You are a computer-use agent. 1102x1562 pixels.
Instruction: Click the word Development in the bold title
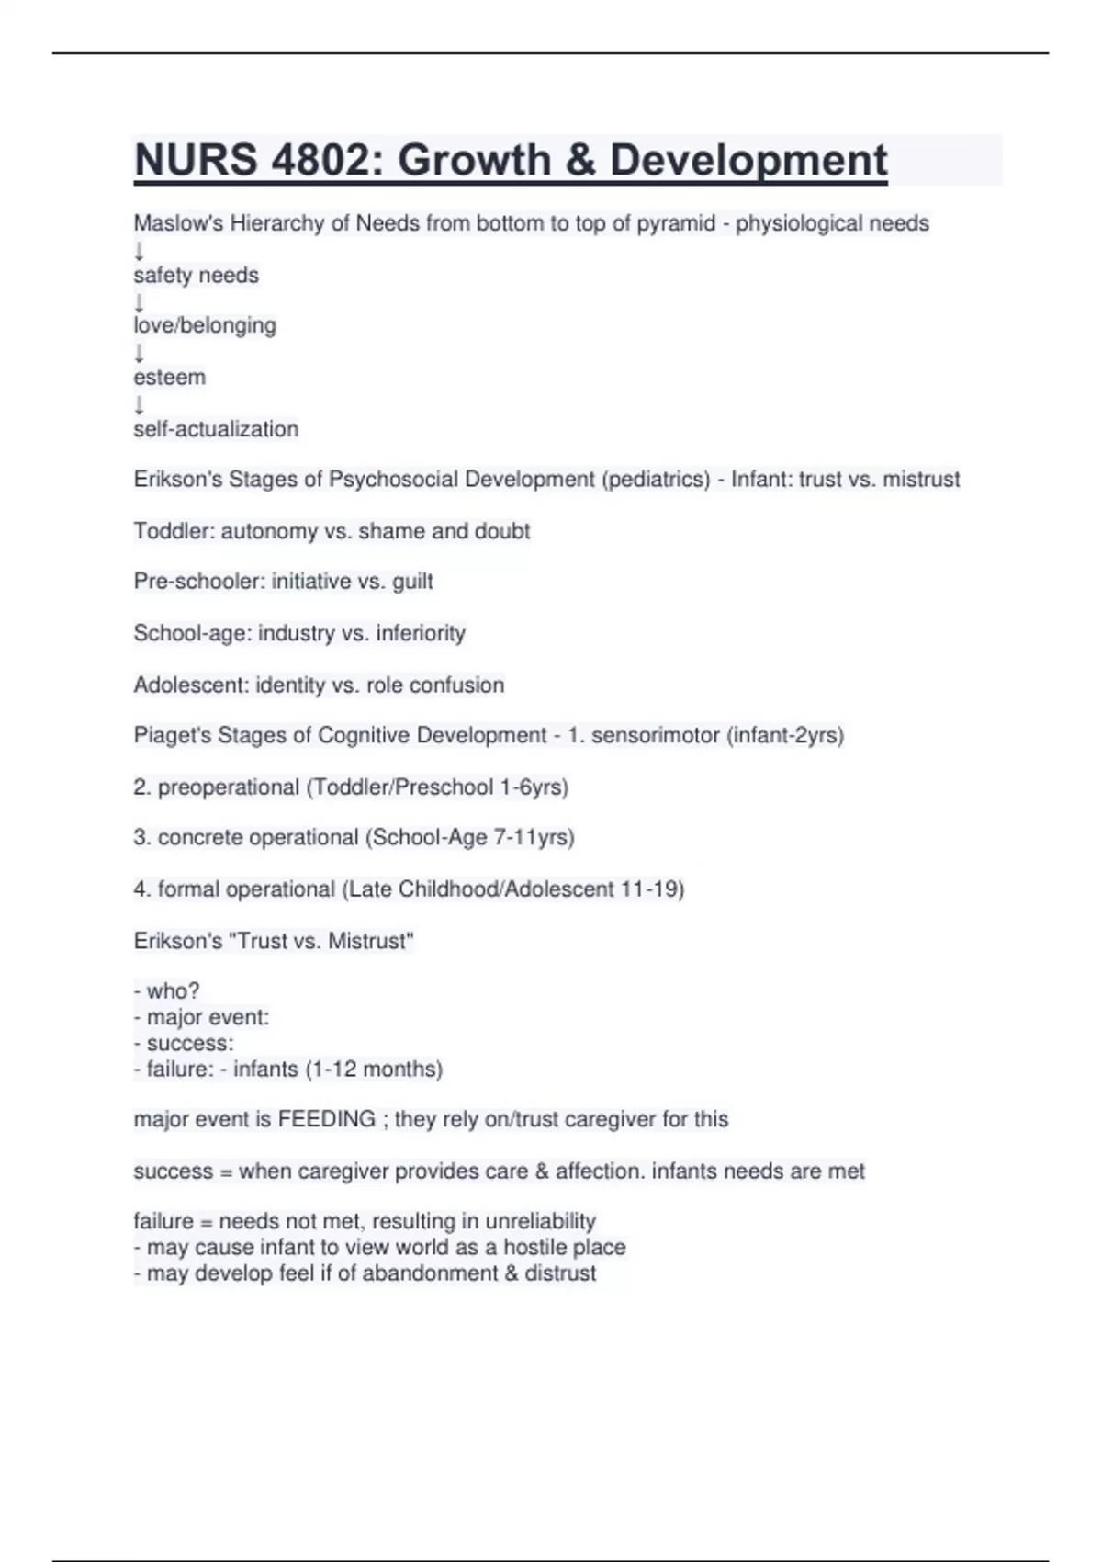748,160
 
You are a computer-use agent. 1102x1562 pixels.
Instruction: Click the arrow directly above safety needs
140,250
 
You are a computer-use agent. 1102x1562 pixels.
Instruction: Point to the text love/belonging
205,325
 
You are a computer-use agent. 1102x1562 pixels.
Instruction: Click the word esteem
170,377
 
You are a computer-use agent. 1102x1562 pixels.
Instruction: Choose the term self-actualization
216,429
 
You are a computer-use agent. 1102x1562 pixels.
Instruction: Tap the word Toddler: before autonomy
174,531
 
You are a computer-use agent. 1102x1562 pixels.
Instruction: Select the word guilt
412,582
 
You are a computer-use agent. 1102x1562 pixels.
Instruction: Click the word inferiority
421,633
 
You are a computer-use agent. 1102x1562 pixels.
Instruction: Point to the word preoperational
229,787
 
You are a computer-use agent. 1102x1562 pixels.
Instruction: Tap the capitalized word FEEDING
327,1119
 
